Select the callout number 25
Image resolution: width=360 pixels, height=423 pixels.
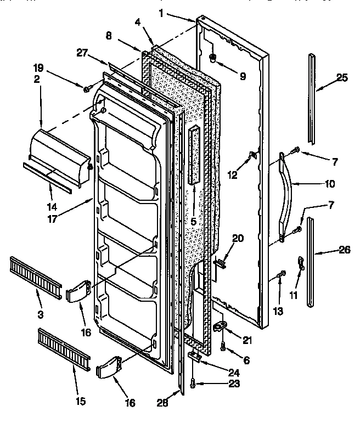coord(342,78)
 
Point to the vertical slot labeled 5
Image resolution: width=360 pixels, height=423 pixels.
coord(193,154)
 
